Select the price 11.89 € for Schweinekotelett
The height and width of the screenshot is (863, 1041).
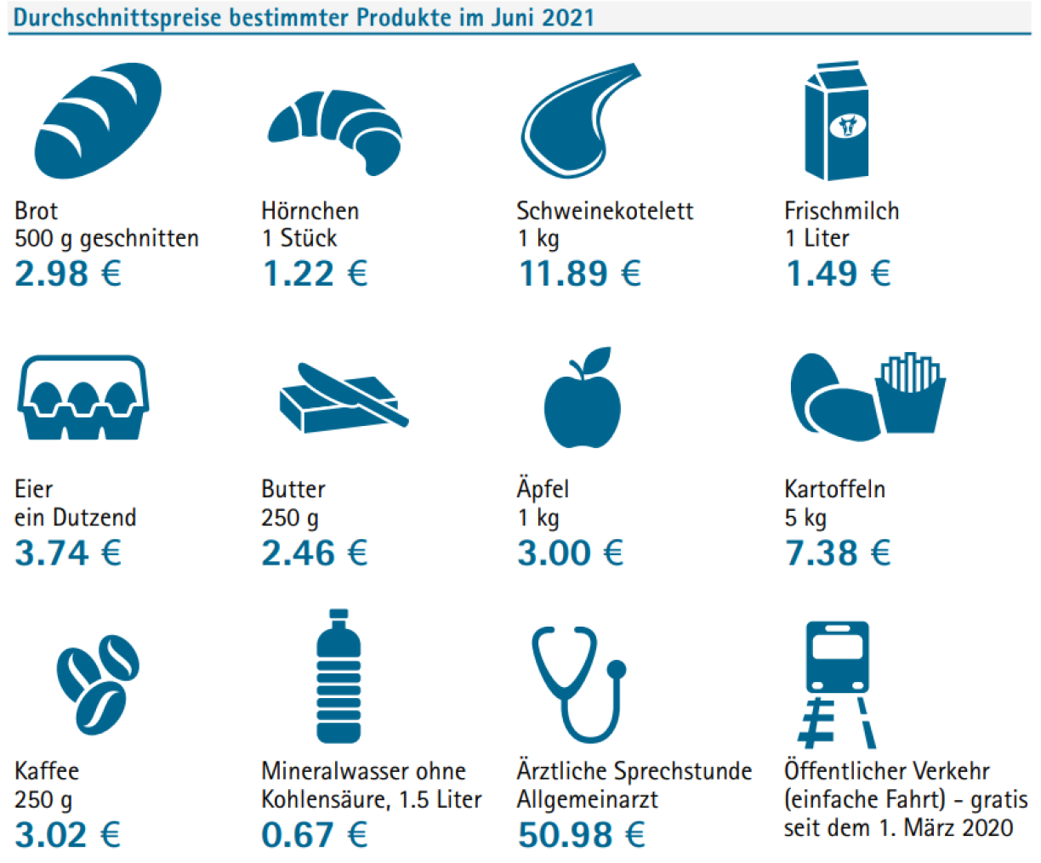tap(580, 274)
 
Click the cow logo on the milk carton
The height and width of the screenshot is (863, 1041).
tap(847, 126)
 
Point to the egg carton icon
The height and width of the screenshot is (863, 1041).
tap(82, 396)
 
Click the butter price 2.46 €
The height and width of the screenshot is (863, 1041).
tap(315, 553)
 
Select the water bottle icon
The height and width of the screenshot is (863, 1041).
tap(338, 677)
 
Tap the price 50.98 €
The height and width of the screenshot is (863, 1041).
tap(581, 834)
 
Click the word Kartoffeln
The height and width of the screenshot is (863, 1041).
tap(834, 489)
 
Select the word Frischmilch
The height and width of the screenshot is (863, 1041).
tap(841, 210)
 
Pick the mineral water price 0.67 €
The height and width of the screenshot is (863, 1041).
tap(315, 834)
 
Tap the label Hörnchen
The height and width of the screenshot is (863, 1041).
tap(310, 210)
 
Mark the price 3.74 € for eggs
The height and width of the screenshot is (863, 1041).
tap(68, 553)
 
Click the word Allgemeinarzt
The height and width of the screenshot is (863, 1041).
tap(587, 799)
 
